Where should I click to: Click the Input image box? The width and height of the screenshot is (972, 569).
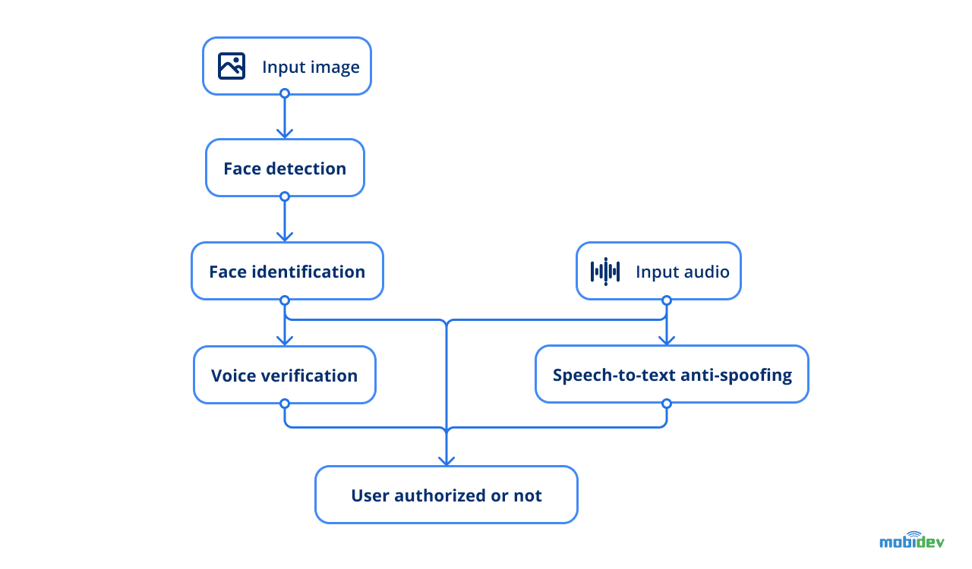coord(287,67)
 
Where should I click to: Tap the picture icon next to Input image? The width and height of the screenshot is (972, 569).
coord(232,66)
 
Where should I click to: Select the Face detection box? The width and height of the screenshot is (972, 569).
coord(285,168)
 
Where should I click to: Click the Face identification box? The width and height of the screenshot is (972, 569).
coord(287,272)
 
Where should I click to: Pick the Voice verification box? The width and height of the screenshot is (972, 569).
coord(284,376)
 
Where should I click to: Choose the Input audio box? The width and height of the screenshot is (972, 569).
coord(658,272)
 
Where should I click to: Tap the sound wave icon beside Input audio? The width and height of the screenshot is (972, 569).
coord(605,272)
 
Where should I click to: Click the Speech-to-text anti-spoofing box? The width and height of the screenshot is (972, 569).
coord(672,375)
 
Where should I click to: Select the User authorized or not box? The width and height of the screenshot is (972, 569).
coord(447,495)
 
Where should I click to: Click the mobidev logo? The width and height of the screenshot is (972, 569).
coord(911,540)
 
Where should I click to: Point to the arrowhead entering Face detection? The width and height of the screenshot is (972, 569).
coord(285,134)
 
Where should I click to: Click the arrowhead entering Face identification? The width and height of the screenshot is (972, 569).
coord(285,237)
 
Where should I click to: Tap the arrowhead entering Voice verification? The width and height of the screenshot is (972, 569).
coord(285,341)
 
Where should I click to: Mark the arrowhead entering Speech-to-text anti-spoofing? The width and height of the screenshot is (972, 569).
coord(667,340)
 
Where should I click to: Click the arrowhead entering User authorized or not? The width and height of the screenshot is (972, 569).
coord(447,460)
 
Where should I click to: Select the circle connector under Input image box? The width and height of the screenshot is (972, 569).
coord(285,93)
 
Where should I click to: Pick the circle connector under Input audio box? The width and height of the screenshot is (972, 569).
coord(667,300)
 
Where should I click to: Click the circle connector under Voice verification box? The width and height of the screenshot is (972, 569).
coord(285,404)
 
